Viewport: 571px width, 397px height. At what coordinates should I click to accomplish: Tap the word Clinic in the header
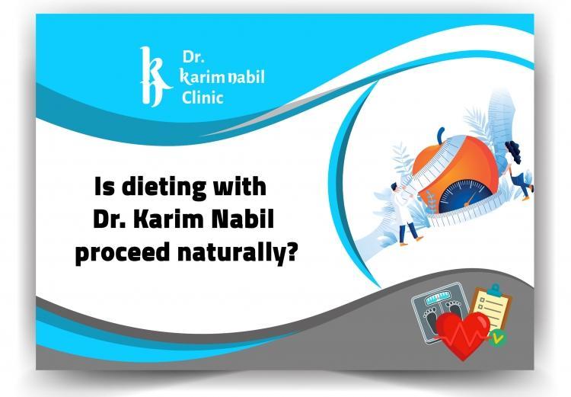tap(203, 98)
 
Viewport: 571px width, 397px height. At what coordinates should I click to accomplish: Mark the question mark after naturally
tap(291, 254)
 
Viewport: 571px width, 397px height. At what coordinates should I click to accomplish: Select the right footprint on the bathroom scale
tap(455, 313)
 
